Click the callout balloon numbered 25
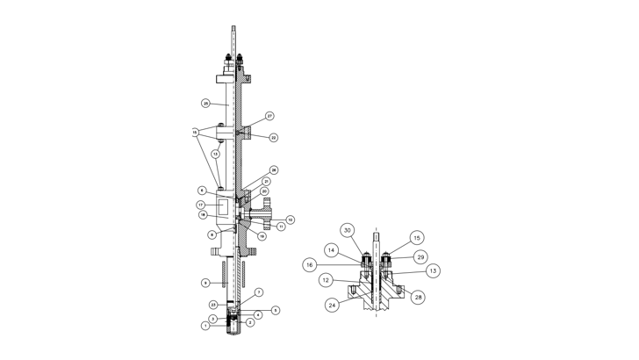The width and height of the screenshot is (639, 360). coord(205,104)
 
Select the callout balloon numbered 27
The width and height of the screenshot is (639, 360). coord(270,116)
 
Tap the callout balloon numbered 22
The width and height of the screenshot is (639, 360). coord(273,138)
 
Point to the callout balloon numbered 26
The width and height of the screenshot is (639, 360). coord(274,170)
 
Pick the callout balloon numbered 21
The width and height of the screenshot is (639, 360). coord(267,181)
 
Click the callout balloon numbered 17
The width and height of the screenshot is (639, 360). coord(202,205)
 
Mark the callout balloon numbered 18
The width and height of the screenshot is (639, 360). coord(202,214)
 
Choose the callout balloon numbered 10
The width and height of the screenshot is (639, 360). coord(290,219)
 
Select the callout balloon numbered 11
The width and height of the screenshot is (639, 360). coord(282,227)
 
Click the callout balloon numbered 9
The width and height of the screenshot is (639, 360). coord(205,283)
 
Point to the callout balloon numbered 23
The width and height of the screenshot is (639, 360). coord(213,304)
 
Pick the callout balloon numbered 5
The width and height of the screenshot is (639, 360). coord(276,310)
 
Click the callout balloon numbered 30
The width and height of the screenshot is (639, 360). coord(348,230)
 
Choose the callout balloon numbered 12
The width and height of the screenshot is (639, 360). coord(325,281)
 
